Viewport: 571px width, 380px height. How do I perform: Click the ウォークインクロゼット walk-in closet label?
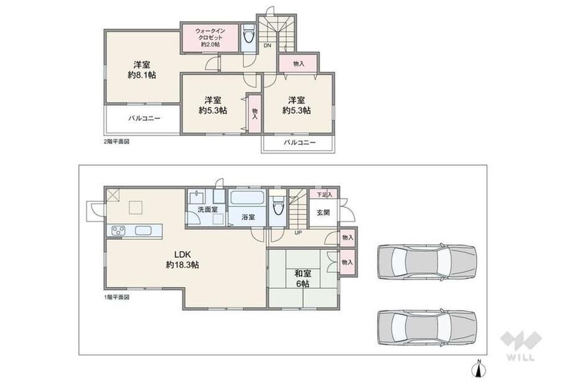210,38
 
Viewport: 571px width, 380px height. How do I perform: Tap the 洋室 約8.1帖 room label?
142,70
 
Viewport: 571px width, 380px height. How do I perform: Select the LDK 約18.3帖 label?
182,259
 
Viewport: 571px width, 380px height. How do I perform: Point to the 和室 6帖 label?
303,278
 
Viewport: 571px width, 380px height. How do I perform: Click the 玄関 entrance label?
323,213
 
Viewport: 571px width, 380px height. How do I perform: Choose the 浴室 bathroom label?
248,217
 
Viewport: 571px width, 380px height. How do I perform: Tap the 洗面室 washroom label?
207,210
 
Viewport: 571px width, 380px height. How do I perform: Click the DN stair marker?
268,45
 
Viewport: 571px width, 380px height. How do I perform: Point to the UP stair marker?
298,232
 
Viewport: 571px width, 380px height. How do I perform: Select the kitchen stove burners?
119,231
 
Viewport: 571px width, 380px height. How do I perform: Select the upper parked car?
426,262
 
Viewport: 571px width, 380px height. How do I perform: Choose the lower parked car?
426,327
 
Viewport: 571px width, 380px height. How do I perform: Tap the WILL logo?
520,345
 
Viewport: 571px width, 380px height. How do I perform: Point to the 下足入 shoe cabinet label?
324,195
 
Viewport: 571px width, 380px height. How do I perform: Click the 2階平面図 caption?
117,141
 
